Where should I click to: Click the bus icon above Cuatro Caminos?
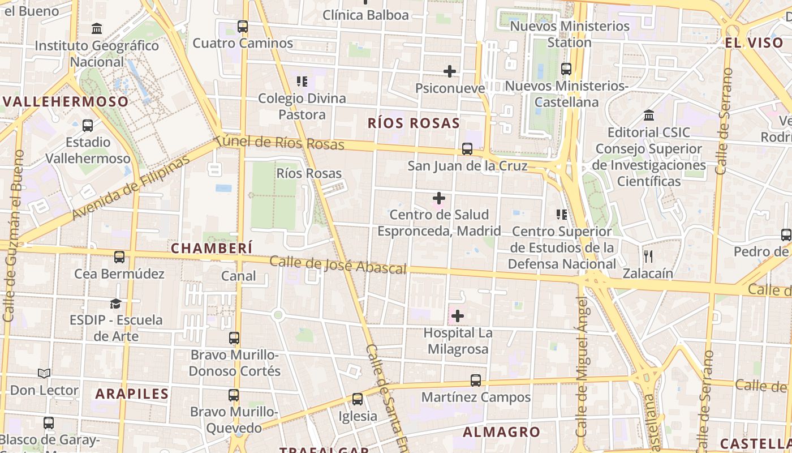tap(242, 26)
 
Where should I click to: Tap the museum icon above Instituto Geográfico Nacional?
tap(97, 28)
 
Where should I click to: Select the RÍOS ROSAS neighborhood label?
tap(414, 123)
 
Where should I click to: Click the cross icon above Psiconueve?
tap(450, 71)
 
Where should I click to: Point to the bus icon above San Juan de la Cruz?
tap(467, 149)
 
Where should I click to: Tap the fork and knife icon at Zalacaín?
tap(648, 257)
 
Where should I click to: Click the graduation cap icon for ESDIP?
tap(116, 304)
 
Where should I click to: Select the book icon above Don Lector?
tap(44, 373)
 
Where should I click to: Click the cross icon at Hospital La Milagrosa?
tap(458, 316)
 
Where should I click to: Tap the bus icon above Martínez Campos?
tap(476, 381)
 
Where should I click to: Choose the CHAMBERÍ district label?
tap(212, 248)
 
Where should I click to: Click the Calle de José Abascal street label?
tap(338, 264)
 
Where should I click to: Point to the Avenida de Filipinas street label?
tap(131, 188)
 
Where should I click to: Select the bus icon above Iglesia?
tap(358, 399)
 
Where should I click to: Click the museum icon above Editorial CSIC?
tap(649, 116)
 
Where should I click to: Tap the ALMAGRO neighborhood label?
tap(502, 432)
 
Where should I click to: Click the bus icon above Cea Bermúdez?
tap(119, 257)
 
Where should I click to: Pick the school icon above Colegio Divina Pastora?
tap(302, 82)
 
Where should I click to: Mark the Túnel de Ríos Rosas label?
tap(279, 142)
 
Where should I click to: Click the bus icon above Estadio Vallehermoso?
tap(88, 125)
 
